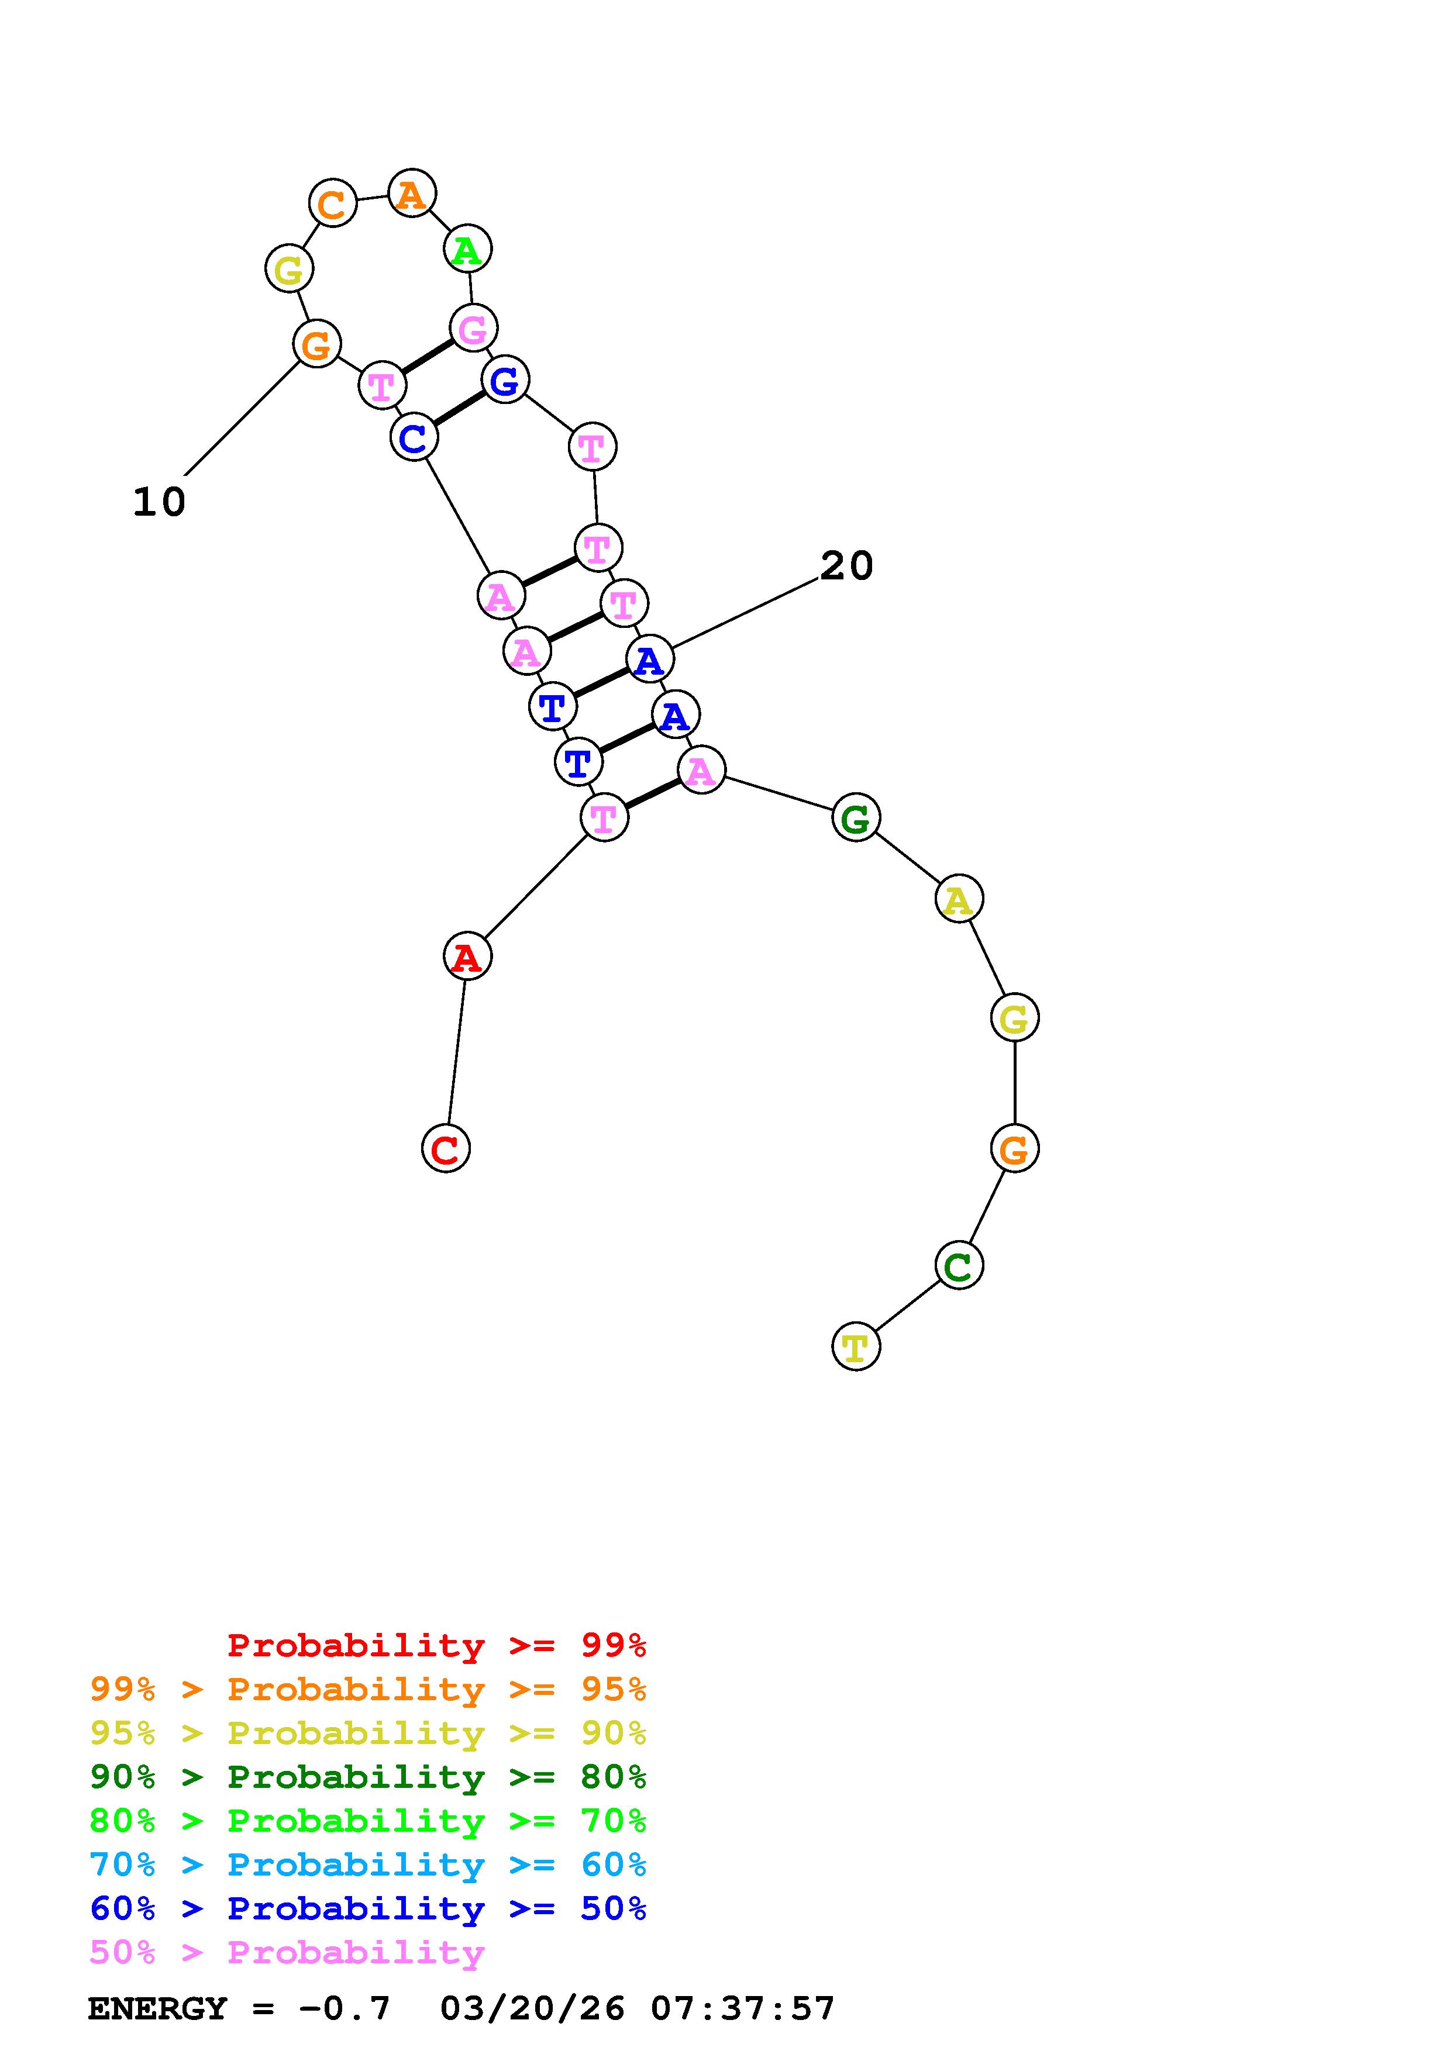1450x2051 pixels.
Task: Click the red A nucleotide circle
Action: pyautogui.click(x=467, y=957)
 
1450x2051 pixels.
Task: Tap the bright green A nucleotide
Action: pyautogui.click(x=468, y=249)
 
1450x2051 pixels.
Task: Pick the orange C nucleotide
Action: pyautogui.click(x=332, y=203)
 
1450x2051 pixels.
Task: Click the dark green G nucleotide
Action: pyautogui.click(x=856, y=817)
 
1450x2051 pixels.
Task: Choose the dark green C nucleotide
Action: pyautogui.click(x=959, y=1265)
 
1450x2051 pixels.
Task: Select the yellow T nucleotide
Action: pyautogui.click(x=856, y=1346)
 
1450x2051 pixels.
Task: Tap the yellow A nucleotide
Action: pyautogui.click(x=959, y=899)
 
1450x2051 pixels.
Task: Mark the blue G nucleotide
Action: pyautogui.click(x=505, y=379)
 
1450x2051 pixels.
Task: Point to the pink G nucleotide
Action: pyautogui.click(x=473, y=328)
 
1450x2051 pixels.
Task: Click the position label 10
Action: pyautogui.click(x=159, y=502)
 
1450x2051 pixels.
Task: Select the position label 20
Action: pyautogui.click(x=846, y=565)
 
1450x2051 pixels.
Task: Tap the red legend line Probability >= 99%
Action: pyautogui.click(x=436, y=1645)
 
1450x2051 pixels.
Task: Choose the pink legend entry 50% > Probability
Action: pyautogui.click(x=287, y=1952)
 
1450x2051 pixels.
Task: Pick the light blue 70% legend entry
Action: pyautogui.click(x=367, y=1864)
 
